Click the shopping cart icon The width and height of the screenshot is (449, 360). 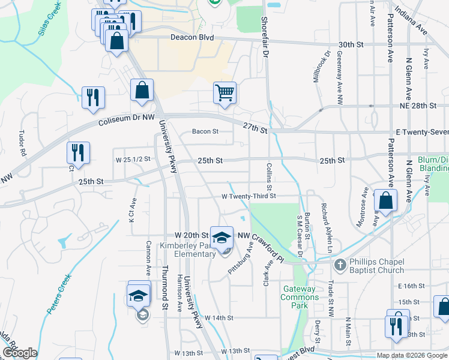pyautogui.click(x=224, y=93)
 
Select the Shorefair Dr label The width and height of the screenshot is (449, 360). pyautogui.click(x=264, y=31)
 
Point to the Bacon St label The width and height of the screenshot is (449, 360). pyautogui.click(x=203, y=131)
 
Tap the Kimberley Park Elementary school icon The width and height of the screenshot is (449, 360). pyautogui.click(x=221, y=236)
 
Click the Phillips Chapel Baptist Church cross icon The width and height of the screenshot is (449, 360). pyautogui.click(x=340, y=264)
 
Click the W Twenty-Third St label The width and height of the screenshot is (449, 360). pyautogui.click(x=249, y=196)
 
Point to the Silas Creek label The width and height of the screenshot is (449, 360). pyautogui.click(x=49, y=21)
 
